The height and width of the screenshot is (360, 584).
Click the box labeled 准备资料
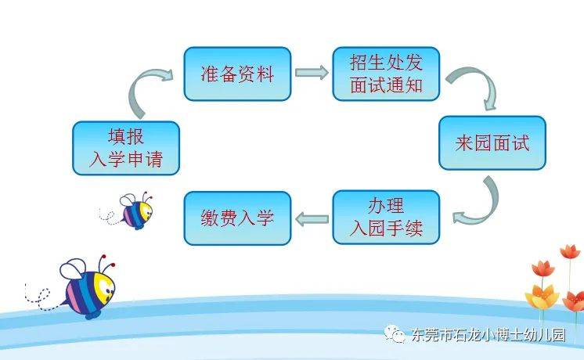click(237, 74)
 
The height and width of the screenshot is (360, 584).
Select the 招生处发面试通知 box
click(386, 74)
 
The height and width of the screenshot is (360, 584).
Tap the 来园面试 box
click(492, 143)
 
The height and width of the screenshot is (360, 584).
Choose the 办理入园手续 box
click(386, 218)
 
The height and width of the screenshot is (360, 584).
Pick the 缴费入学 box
click(237, 218)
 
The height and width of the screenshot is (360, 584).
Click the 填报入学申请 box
click(126, 148)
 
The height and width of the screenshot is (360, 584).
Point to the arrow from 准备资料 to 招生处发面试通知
click(312, 72)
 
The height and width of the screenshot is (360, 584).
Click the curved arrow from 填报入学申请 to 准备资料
click(137, 88)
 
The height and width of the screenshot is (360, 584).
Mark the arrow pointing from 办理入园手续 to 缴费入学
click(312, 218)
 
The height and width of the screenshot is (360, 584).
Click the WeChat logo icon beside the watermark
click(395, 333)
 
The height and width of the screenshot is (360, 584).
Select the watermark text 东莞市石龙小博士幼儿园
click(488, 335)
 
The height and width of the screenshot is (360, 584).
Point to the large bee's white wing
click(74, 268)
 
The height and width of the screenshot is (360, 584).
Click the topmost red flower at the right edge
click(570, 252)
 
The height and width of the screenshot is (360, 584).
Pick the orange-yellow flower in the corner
click(543, 297)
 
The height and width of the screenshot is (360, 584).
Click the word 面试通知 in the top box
click(386, 85)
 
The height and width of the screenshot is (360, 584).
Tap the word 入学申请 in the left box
click(126, 160)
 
